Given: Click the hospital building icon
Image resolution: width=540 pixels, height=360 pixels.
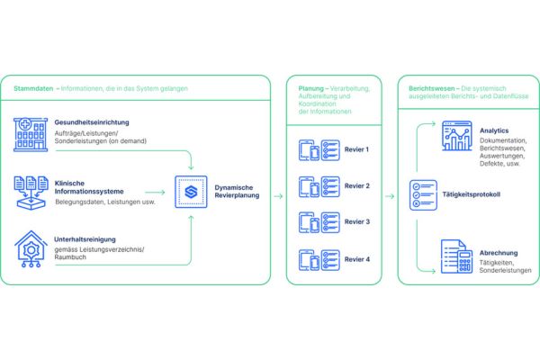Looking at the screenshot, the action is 31,134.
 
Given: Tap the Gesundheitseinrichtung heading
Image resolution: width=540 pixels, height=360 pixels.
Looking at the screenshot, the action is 92,122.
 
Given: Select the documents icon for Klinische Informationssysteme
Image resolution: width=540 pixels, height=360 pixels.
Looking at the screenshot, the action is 31,193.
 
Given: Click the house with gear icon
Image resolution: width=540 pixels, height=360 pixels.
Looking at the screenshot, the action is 31,248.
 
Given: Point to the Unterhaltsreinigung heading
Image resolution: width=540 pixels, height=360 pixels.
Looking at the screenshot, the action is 85,239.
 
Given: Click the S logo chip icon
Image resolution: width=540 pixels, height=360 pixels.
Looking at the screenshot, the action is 191,192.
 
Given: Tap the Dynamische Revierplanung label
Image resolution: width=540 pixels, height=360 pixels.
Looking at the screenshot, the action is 237,191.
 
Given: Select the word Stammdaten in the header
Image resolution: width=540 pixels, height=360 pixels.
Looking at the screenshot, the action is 33,88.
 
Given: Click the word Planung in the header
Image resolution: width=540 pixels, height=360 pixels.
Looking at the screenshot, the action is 311,88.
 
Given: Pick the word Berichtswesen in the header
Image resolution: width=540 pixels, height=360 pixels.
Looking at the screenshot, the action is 431,88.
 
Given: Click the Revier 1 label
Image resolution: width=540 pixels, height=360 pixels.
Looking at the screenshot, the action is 356,149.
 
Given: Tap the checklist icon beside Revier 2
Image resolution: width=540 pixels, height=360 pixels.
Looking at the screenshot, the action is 330,186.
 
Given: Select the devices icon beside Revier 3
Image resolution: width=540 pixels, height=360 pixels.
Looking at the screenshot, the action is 310,222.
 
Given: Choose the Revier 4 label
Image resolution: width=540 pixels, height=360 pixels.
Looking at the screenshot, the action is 357,259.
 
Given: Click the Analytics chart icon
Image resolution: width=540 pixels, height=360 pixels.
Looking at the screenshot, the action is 457,136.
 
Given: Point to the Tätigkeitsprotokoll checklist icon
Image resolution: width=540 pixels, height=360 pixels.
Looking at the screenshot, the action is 423,195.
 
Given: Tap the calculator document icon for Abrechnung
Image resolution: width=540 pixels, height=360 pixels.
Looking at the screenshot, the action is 457,256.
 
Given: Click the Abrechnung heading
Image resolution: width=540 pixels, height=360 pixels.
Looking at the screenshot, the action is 499,253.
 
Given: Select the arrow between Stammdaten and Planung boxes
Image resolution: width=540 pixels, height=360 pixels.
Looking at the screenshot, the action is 278,196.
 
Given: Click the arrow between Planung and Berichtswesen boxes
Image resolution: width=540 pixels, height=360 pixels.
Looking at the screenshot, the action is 390,196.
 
